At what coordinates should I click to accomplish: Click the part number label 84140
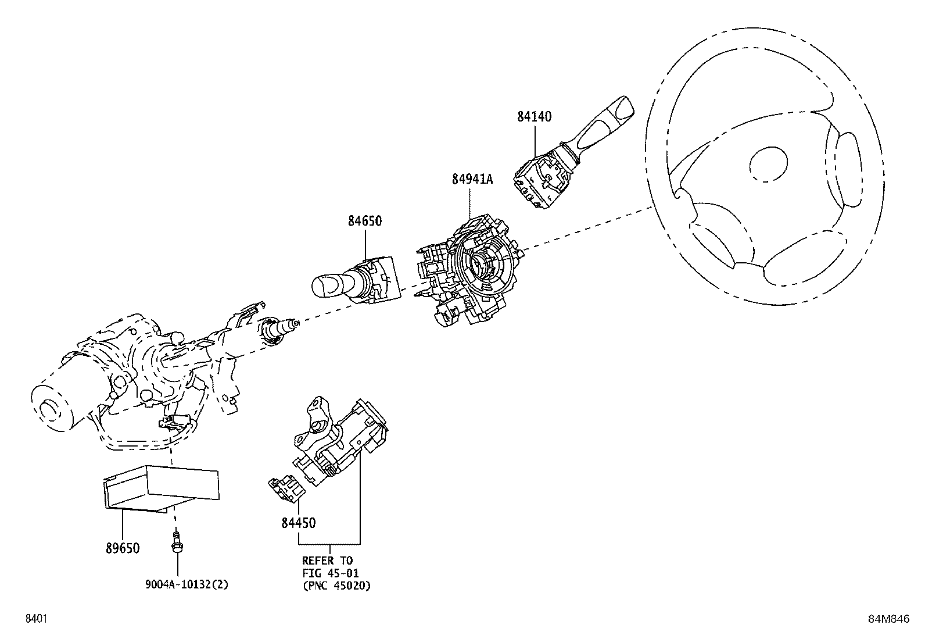534,116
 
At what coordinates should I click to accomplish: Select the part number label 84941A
472,180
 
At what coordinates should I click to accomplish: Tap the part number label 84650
365,221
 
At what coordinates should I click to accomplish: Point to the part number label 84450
298,523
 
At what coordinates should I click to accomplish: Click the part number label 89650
122,548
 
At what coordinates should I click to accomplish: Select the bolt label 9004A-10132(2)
187,585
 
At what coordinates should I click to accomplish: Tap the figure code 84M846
888,619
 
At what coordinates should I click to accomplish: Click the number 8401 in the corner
35,619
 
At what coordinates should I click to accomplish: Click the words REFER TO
327,561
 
